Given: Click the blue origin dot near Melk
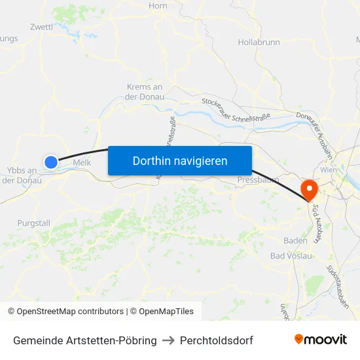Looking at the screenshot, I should (x=51, y=161).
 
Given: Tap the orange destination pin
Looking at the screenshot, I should (x=308, y=190).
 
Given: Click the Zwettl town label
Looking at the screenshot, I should (x=41, y=27).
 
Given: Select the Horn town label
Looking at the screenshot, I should (x=158, y=6).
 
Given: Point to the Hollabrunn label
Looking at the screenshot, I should (x=259, y=43).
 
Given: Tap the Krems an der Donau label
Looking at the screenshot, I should (x=144, y=92).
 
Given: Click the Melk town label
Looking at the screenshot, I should (x=82, y=162).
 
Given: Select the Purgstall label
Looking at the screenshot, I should (x=34, y=223).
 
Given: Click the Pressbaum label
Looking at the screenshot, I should (x=258, y=179).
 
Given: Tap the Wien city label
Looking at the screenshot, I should (x=328, y=170).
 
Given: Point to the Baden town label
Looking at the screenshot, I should (x=295, y=240).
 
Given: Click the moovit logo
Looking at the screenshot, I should (x=321, y=340).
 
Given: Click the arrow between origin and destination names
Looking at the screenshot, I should (x=168, y=340).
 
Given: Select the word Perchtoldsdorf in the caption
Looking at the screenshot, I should (x=217, y=340).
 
